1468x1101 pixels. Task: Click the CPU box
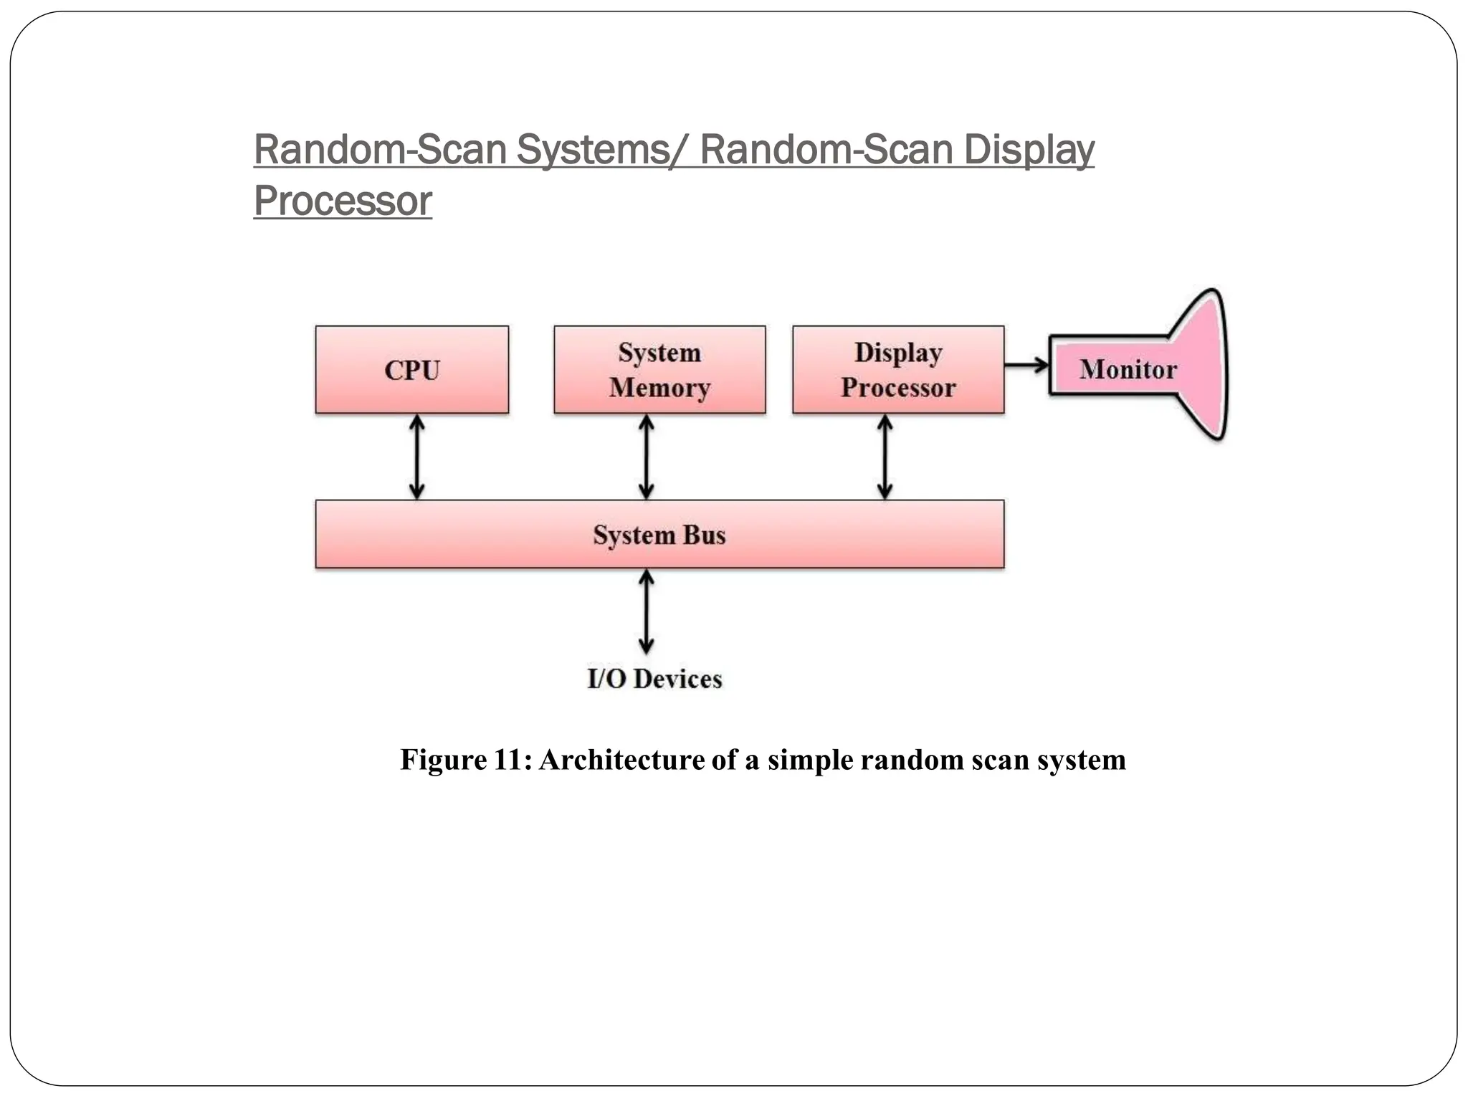pos(412,370)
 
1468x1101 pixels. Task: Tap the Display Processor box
pos(898,370)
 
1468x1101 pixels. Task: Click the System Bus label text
pos(659,535)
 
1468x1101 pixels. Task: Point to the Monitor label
pos(1128,370)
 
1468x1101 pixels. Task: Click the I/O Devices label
pos(654,679)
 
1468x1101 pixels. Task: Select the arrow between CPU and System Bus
pos(416,457)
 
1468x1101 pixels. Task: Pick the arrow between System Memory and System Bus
pos(646,457)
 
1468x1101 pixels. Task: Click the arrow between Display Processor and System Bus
pos(885,457)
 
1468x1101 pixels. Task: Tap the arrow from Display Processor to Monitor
pos(1026,366)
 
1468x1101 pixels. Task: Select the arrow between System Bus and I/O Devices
pos(646,611)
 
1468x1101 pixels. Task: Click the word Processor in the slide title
pos(343,201)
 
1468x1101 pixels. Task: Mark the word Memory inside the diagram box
pos(659,388)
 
